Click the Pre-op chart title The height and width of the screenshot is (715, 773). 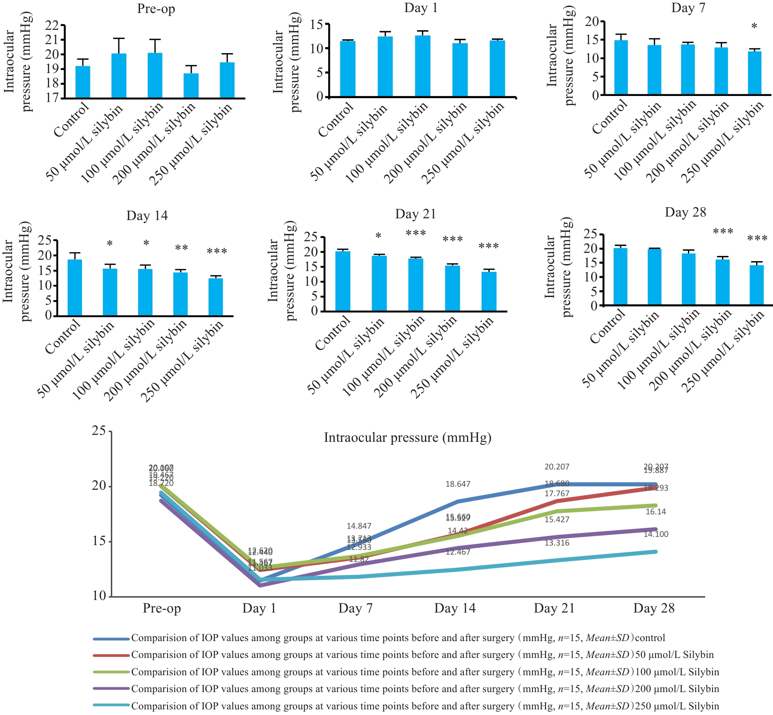point(156,9)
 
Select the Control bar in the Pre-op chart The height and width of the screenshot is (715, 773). point(83,82)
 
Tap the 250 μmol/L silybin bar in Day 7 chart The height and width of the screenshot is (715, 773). point(754,73)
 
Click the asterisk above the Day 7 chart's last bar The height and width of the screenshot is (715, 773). point(754,27)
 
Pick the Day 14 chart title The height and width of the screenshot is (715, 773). point(147,216)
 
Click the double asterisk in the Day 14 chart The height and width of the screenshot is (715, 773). point(181,248)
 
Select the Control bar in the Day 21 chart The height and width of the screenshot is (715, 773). point(343,281)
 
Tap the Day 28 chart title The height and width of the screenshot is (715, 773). point(685,212)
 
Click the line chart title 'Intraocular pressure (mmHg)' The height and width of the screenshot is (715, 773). point(407,438)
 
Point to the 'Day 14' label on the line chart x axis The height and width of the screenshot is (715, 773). point(455,608)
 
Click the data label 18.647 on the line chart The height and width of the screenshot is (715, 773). point(458,484)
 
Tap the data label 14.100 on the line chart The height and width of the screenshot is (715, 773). point(656,534)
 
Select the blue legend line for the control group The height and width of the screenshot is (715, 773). point(111,638)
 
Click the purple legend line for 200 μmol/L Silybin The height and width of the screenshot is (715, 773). point(111,689)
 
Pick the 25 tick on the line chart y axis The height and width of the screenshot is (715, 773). point(99,431)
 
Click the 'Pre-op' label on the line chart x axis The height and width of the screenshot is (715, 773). point(162,608)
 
